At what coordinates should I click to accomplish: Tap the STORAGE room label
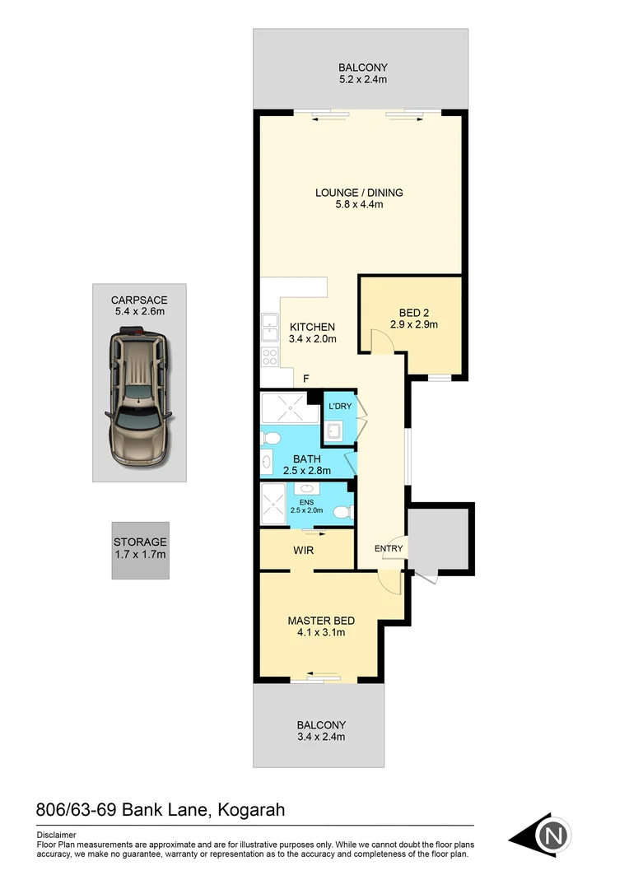140,542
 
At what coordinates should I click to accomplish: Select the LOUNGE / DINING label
358,193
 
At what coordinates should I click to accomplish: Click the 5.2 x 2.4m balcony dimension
362,80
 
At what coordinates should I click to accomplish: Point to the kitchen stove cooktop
269,356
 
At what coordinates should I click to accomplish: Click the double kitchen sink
269,328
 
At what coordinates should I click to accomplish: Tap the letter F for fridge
305,379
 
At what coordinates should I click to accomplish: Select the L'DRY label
339,407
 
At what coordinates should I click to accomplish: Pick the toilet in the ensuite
341,512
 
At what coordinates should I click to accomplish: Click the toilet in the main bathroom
275,436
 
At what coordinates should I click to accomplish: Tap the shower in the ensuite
273,505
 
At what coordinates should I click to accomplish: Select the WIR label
304,549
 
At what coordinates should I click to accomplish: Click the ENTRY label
389,548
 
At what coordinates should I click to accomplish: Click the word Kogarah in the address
251,810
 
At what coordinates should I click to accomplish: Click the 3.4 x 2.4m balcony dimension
320,737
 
